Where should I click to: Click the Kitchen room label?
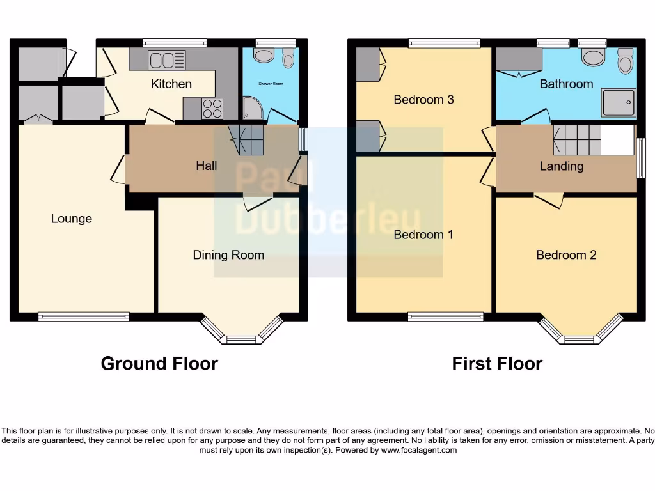point(171,84)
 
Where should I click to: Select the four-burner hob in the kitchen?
point(212,108)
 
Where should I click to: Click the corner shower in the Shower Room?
point(252,109)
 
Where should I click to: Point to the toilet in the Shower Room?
point(288,59)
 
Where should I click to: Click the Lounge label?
point(72,219)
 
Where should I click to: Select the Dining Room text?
point(228,255)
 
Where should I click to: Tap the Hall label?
point(206,166)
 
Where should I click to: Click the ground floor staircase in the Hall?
point(247,139)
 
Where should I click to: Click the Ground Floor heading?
point(159,364)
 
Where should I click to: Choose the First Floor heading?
point(497,364)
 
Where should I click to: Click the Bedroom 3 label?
point(423,100)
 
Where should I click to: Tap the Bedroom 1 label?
point(423,235)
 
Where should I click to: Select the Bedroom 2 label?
point(566,255)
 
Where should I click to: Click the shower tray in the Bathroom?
point(618,102)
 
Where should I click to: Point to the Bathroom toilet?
point(625,62)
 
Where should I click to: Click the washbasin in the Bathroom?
point(593,58)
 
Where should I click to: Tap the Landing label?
point(561,166)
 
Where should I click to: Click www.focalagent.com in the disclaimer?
point(419,450)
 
